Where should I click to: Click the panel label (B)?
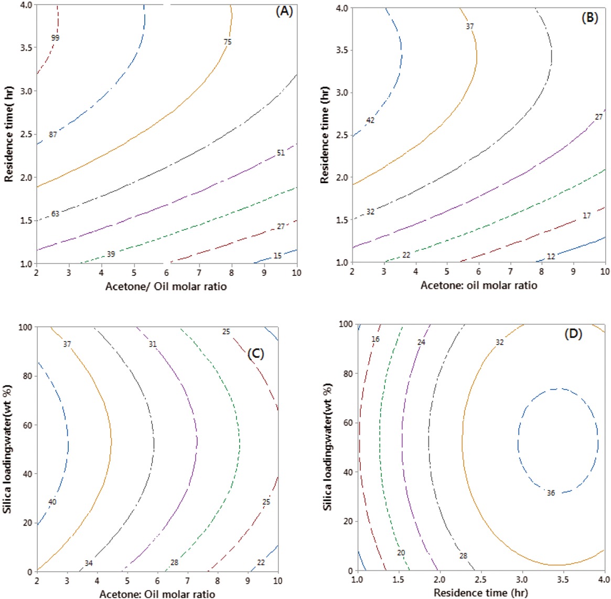tap(589, 17)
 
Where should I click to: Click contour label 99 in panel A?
tap(56, 38)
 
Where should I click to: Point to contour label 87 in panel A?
tap(53, 135)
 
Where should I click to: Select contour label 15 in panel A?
tap(277, 256)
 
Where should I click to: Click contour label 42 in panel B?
tap(370, 121)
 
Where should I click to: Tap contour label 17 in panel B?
tap(587, 216)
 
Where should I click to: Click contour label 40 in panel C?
tap(52, 502)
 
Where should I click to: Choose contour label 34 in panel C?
tap(89, 563)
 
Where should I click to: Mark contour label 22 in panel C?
tap(261, 563)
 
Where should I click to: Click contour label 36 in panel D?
tap(550, 493)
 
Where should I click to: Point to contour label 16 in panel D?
tap(375, 339)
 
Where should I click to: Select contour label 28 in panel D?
tap(463, 556)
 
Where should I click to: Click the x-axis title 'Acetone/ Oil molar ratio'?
tap(166, 286)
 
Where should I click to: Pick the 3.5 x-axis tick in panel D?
tap(563, 580)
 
